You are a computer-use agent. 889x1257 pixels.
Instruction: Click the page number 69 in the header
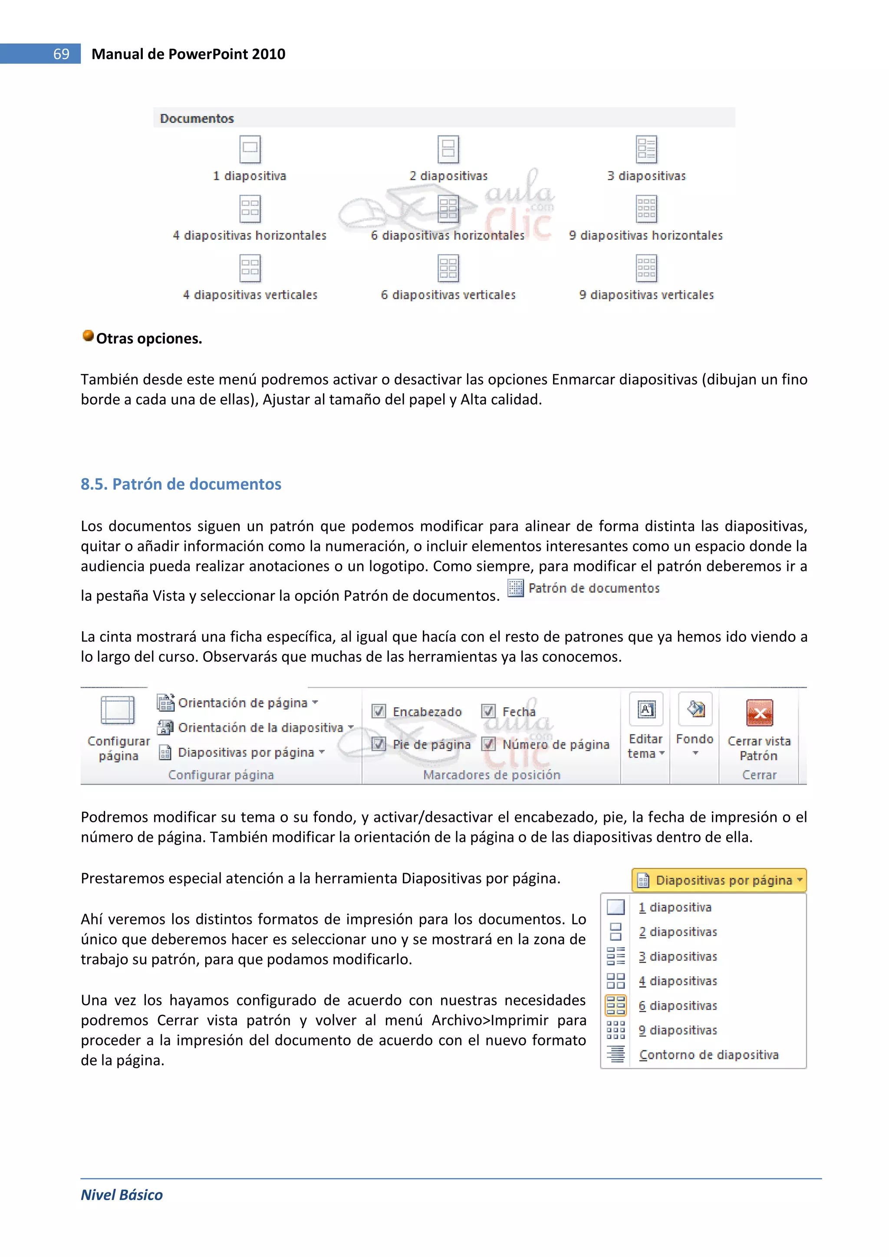61,54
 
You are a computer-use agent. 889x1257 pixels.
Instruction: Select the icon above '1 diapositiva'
250,149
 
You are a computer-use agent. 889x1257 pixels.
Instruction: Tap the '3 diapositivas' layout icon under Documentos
646,149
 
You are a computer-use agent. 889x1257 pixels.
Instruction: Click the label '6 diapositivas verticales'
448,295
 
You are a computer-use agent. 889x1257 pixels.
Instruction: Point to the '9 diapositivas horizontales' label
645,235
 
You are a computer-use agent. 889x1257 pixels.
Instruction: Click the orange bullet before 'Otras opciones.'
88,336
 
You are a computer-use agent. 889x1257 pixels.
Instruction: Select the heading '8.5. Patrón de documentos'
181,484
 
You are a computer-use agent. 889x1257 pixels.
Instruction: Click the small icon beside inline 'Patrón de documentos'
515,588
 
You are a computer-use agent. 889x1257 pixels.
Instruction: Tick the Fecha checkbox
488,711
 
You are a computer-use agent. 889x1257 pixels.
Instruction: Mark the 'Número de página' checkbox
488,744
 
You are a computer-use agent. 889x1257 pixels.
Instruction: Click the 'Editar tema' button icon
646,710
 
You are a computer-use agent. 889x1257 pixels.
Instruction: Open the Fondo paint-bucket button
695,710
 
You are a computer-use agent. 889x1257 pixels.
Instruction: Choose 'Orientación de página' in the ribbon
243,703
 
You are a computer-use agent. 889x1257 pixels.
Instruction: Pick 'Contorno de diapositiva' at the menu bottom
708,1055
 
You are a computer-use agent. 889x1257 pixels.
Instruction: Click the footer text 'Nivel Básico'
122,1195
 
